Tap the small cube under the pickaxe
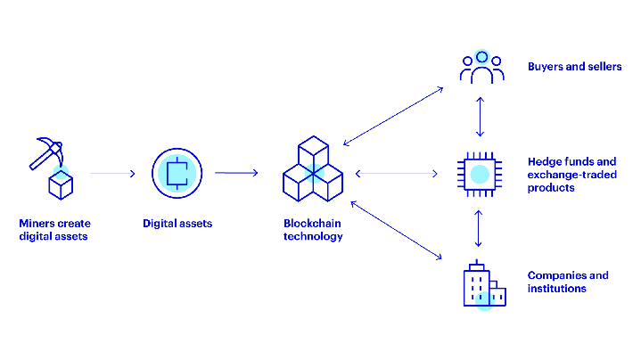61,185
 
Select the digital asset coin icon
177,173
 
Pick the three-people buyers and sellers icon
481,68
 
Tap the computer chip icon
481,173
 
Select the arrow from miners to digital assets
112,173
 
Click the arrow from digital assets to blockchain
236,173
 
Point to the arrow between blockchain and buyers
393,116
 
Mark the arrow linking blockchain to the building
397,231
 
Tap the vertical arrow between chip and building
481,228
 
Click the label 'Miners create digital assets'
55,230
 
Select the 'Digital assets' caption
177,224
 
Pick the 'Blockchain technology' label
313,230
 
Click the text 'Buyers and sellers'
574,67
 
